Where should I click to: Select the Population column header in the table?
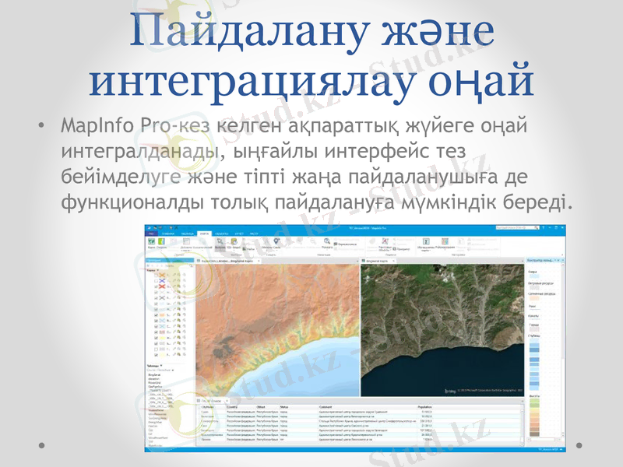(x=426, y=406)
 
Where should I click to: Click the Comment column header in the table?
(x=328, y=406)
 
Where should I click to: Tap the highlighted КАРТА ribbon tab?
(x=204, y=233)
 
